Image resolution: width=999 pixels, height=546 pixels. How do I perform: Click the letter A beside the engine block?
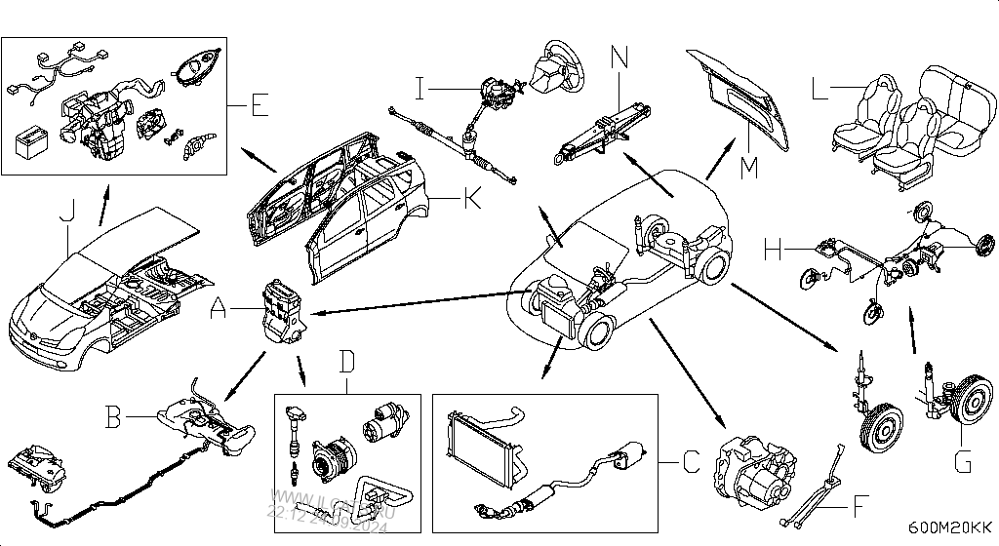click(x=219, y=309)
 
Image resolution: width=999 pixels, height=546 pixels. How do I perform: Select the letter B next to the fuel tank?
click(x=114, y=418)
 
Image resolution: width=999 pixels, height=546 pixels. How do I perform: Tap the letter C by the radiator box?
click(x=690, y=459)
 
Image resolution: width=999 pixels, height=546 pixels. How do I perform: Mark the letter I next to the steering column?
click(x=420, y=90)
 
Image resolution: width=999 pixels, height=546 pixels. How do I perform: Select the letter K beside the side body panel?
click(x=471, y=202)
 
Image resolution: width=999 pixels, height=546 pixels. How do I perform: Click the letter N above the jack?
click(x=620, y=56)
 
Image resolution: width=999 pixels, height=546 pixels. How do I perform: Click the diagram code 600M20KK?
click(x=942, y=527)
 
